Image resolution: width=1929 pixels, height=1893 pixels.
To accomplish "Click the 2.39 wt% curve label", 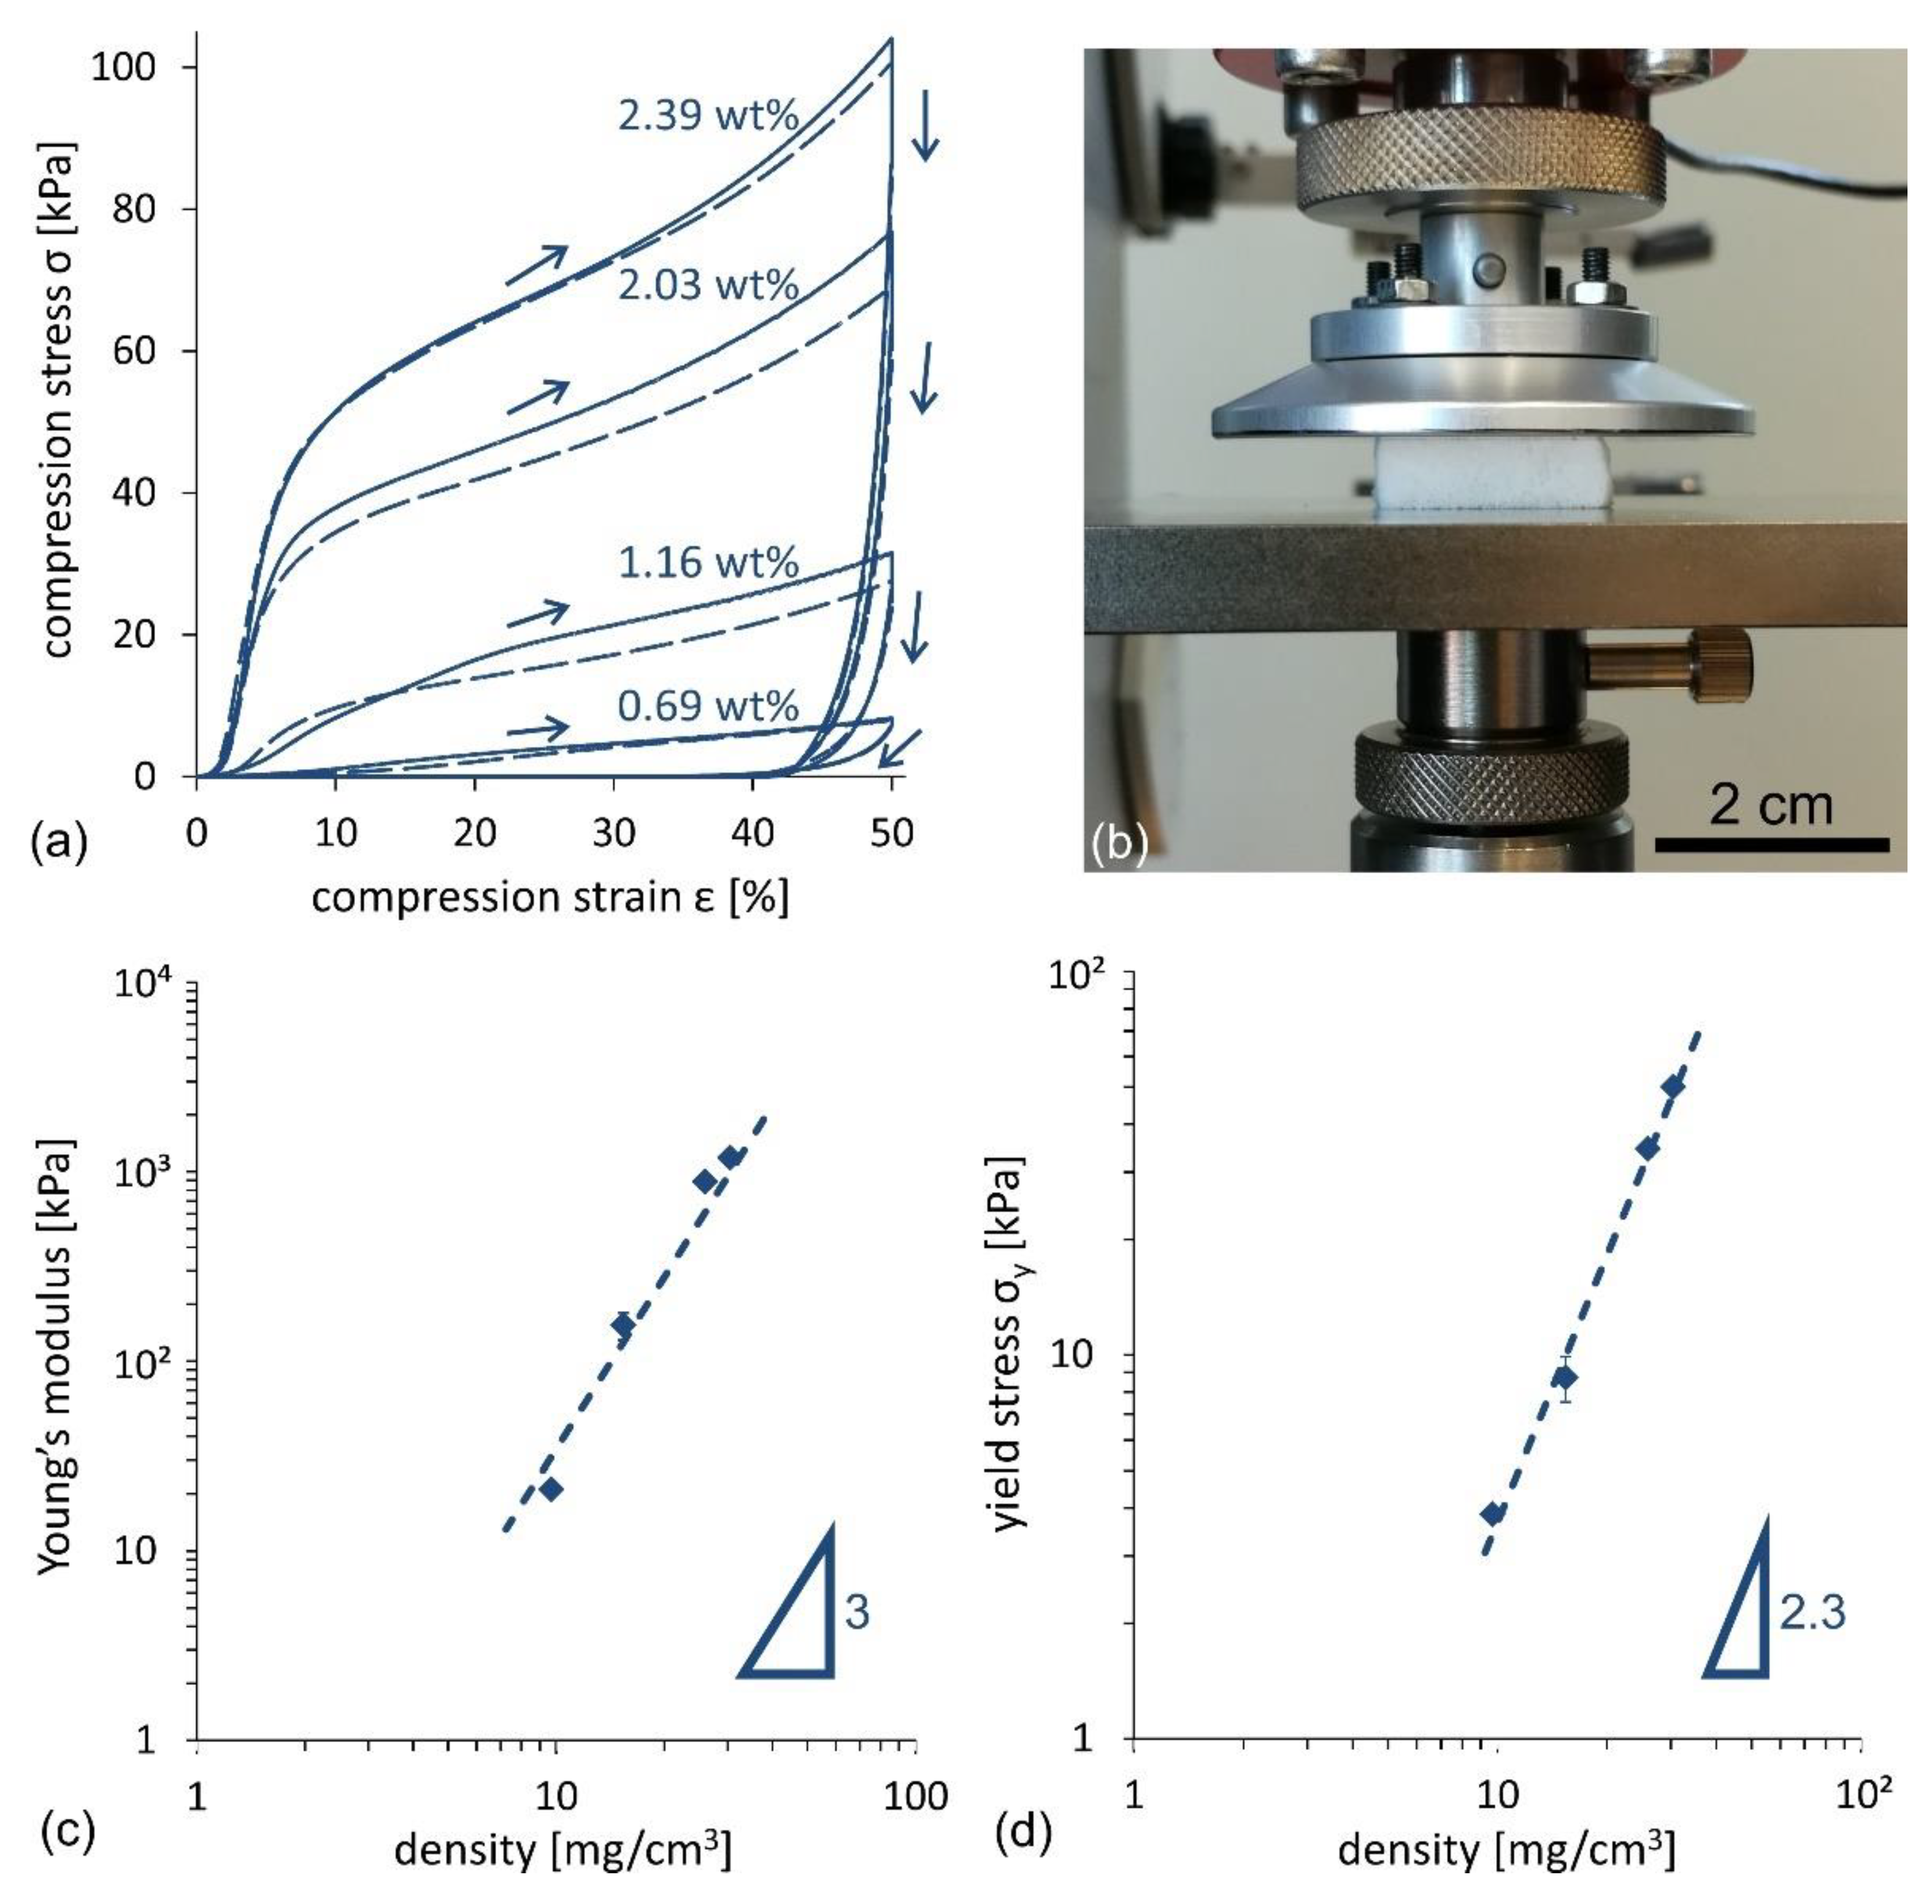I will pyautogui.click(x=707, y=116).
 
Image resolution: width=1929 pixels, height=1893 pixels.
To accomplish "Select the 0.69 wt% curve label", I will pyautogui.click(x=707, y=706).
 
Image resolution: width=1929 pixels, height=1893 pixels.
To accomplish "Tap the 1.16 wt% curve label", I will pyautogui.click(x=707, y=563).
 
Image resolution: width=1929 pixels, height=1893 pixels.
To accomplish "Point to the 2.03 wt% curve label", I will pyautogui.click(x=707, y=285).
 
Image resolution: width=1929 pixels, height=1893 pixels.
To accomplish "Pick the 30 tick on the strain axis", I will pyautogui.click(x=614, y=832).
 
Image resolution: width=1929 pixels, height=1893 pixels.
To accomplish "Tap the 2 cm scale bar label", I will pyautogui.click(x=1770, y=804).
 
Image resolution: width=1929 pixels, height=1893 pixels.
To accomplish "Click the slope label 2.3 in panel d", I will pyautogui.click(x=1812, y=1612).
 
